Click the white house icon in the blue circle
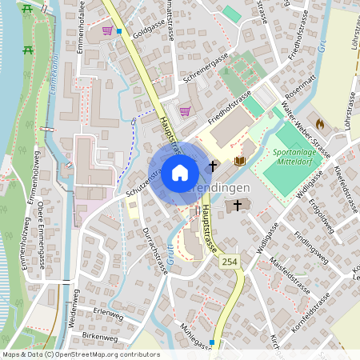coord(179,172)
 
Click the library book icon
coord(238,161)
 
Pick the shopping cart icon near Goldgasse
coord(107,31)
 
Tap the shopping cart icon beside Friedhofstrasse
coord(186,111)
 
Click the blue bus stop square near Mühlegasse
coord(211,342)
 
